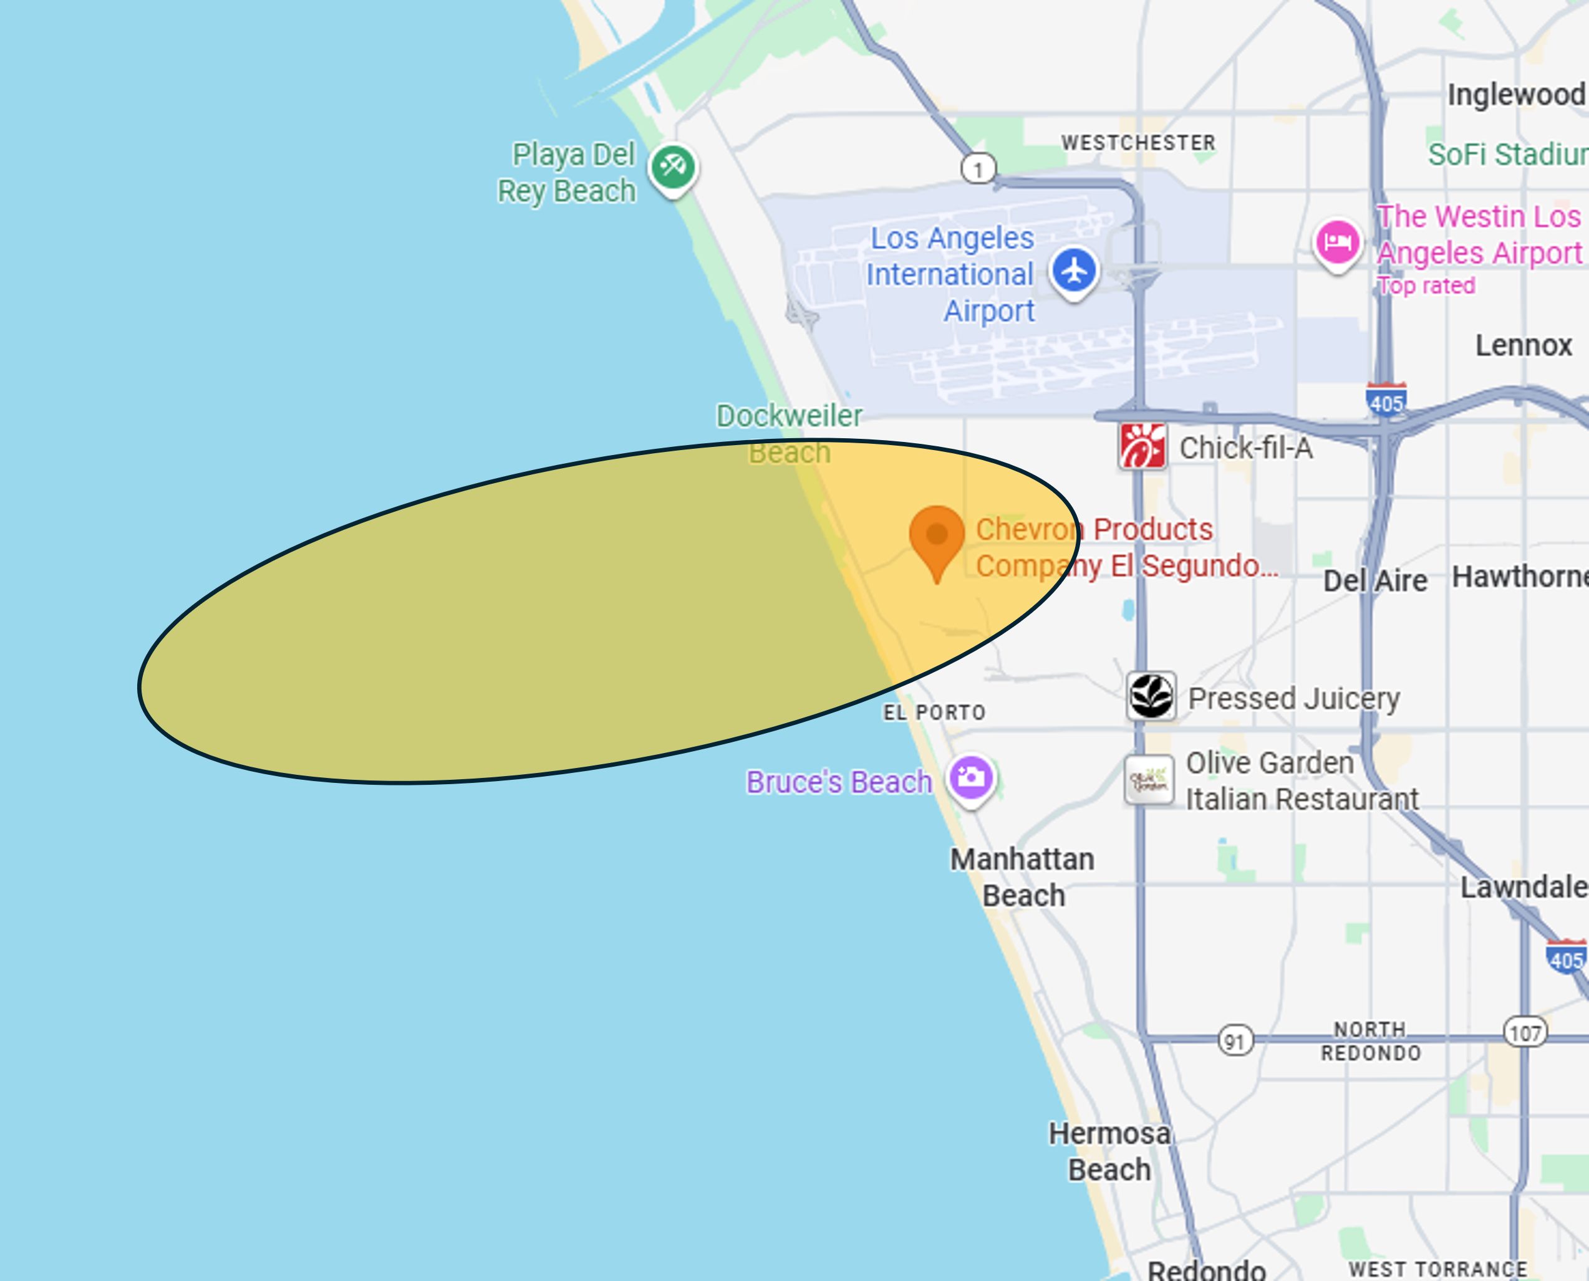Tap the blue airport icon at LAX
point(1074,270)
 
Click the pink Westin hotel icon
point(1337,242)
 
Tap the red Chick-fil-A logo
point(1142,446)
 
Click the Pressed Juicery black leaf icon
point(1151,696)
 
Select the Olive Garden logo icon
point(1148,780)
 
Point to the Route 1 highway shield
point(978,169)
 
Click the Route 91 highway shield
point(1235,1041)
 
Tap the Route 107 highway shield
point(1525,1033)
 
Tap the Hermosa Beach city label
point(1109,1152)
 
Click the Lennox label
point(1524,345)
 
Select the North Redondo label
point(1371,1041)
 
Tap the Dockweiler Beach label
point(789,434)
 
